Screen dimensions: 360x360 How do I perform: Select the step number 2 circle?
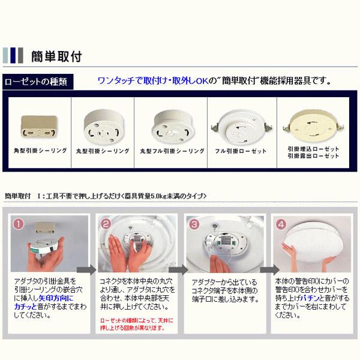point(106,224)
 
